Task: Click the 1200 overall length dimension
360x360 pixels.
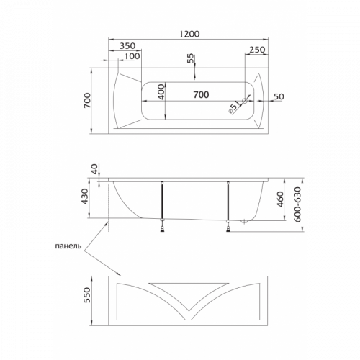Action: click(x=189, y=34)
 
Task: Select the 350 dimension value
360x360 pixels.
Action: click(x=127, y=45)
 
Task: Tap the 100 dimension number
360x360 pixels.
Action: click(x=132, y=56)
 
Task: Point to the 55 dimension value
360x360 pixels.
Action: click(x=190, y=58)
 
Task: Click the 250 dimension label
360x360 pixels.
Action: click(x=257, y=50)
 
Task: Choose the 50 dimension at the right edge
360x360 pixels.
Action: click(x=279, y=96)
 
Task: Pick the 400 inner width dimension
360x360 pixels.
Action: click(x=162, y=91)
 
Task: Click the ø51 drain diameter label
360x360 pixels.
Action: click(x=234, y=107)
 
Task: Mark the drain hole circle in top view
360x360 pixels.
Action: click(x=245, y=101)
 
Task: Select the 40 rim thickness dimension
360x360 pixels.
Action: click(x=94, y=169)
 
